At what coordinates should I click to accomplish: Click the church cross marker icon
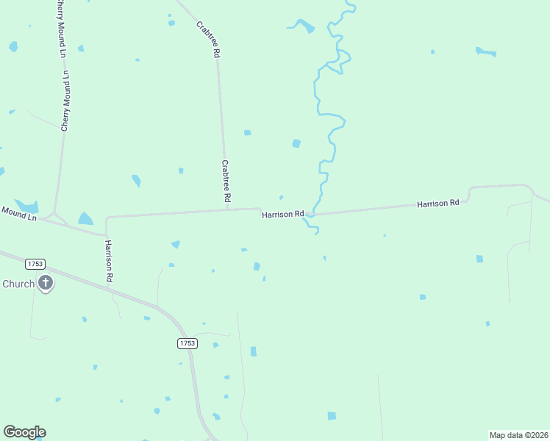pos(46,282)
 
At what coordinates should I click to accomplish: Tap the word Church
pos(18,284)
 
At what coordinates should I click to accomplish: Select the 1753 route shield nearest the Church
pos(34,263)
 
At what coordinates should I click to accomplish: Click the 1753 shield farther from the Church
pos(187,343)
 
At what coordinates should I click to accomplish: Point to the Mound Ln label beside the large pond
pos(18,214)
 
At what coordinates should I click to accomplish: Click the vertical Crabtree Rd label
pos(226,182)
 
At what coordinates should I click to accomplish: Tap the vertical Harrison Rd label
pos(108,261)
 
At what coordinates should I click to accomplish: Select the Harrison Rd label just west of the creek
pos(282,214)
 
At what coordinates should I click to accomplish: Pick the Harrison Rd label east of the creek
pos(438,202)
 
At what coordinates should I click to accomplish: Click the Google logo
pos(24,432)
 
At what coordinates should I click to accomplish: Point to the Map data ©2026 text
pos(518,435)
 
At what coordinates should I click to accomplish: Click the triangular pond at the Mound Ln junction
pos(86,219)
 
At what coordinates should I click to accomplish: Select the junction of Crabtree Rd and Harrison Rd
pos(227,209)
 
